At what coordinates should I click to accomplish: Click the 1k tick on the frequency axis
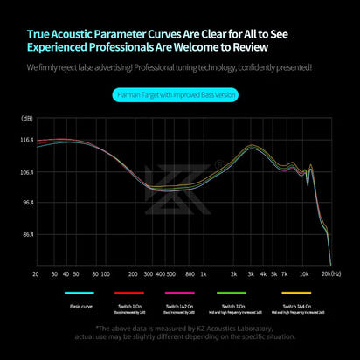[204, 273]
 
